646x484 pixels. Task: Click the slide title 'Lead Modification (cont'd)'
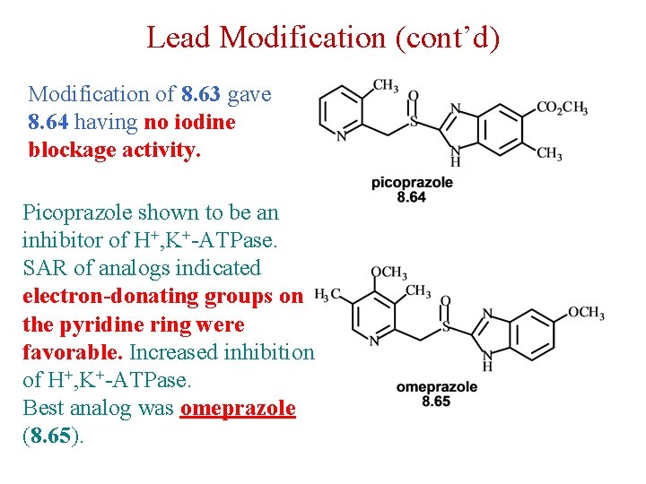coord(323,38)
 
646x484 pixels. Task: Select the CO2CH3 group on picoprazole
coord(562,108)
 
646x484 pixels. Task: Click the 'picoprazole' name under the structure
coord(412,183)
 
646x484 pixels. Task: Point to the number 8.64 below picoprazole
coord(412,196)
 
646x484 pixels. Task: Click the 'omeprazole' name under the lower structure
coord(437,387)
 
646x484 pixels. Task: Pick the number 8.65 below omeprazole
coord(436,401)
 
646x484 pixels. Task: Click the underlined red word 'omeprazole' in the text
coord(238,408)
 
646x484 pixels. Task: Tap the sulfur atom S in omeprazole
coord(446,327)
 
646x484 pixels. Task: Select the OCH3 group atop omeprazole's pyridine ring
coord(389,273)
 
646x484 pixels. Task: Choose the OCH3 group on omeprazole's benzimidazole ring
coord(586,313)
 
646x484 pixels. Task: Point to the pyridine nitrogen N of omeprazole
coord(375,341)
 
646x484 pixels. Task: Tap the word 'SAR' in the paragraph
coord(43,269)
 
